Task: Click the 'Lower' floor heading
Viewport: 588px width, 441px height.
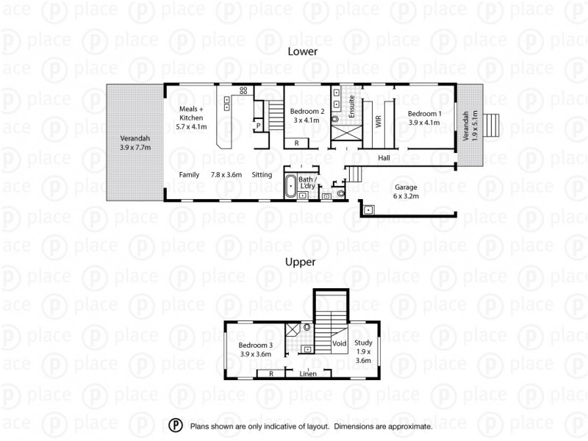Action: [x=302, y=52]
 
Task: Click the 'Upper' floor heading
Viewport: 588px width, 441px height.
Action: [x=301, y=262]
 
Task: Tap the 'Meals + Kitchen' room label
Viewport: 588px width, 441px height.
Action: [x=193, y=118]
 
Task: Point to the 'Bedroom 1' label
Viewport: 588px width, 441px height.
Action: [x=425, y=118]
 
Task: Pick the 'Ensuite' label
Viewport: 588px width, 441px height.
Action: [x=352, y=107]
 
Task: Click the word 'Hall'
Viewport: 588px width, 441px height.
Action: [x=384, y=158]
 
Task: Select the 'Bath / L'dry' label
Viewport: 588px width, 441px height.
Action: [x=306, y=183]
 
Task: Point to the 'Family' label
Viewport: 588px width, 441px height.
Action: [x=190, y=174]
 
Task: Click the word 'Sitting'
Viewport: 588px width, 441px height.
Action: [x=262, y=174]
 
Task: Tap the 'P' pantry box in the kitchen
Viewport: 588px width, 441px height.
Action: [x=258, y=126]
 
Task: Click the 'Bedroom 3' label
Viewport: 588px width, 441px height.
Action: [x=255, y=350]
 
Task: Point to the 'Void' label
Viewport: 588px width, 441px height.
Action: [x=339, y=343]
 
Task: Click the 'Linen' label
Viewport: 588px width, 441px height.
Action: [x=309, y=374]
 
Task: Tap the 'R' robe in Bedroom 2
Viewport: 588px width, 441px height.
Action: [x=296, y=143]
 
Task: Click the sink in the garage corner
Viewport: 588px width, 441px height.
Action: [x=368, y=210]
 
